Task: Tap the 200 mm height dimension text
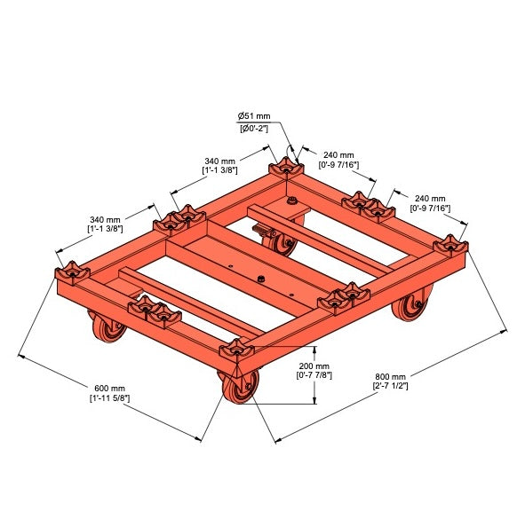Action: (315, 366)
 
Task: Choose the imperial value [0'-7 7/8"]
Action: (315, 376)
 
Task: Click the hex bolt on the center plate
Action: (261, 281)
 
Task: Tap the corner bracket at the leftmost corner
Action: (71, 270)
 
